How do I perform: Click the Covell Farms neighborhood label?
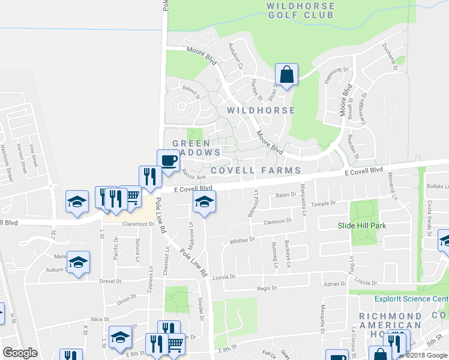(x=255, y=171)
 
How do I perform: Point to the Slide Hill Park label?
(x=361, y=226)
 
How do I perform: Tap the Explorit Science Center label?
(x=411, y=298)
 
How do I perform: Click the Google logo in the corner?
(x=20, y=352)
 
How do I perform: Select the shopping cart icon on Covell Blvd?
(x=131, y=197)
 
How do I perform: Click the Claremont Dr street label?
(x=139, y=224)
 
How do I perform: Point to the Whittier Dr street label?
(x=242, y=241)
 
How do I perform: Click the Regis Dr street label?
(x=267, y=288)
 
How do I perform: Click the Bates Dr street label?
(x=286, y=194)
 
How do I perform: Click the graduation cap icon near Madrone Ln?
(x=204, y=206)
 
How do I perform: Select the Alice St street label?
(x=98, y=320)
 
